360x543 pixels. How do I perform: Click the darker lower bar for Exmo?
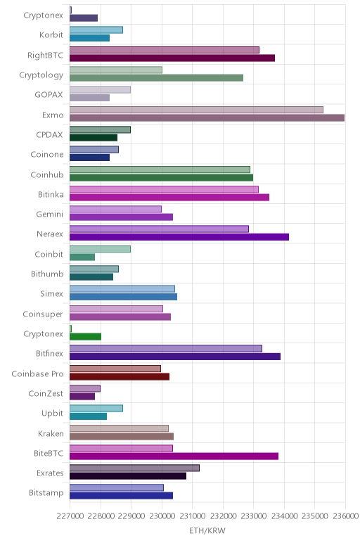point(207,117)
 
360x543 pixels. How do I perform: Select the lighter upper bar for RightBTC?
point(165,50)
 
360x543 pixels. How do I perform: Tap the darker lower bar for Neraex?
point(179,237)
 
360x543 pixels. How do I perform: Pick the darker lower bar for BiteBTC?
point(174,456)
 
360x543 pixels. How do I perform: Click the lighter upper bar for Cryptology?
point(116,70)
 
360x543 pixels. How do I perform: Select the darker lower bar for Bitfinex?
point(175,357)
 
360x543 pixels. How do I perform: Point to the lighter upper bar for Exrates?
point(135,468)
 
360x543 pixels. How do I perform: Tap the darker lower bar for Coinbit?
point(82,257)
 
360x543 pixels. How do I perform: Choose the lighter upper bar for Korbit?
point(96,30)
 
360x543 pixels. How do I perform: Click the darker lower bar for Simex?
point(123,297)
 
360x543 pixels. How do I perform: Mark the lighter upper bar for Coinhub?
point(160,170)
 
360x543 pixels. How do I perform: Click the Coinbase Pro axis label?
point(37,374)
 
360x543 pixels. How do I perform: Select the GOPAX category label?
point(49,95)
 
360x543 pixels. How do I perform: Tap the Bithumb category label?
point(47,274)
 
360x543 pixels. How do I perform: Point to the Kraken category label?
point(51,434)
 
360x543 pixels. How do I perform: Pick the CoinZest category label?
point(46,394)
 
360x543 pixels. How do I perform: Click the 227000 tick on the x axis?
point(70,516)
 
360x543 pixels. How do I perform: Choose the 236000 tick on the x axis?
point(345,516)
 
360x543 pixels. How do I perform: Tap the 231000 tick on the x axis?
point(193,516)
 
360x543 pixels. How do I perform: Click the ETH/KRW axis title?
point(207,530)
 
